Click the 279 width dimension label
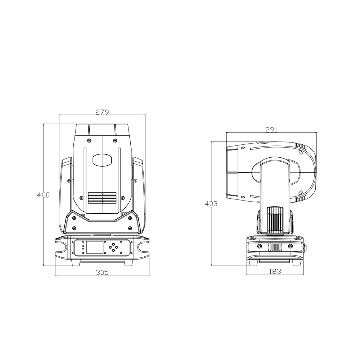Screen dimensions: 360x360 click(x=102, y=112)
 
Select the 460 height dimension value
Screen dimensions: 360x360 click(x=43, y=195)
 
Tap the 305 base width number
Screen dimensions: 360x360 click(x=102, y=272)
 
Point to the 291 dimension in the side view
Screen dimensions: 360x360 click(x=271, y=130)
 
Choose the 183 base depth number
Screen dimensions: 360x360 click(x=275, y=271)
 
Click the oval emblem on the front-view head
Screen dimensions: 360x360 click(x=102, y=160)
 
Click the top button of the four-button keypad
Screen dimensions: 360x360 click(x=114, y=244)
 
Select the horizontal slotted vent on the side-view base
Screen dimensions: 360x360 click(x=275, y=247)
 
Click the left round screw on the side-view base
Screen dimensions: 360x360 click(x=258, y=247)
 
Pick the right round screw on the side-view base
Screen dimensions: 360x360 click(x=291, y=247)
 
